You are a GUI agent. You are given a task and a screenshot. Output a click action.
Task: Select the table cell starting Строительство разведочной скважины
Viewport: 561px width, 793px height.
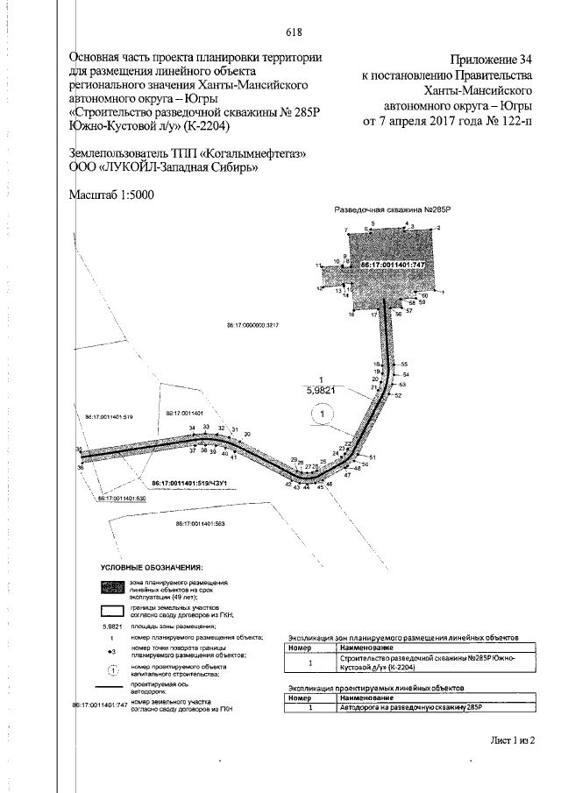point(424,662)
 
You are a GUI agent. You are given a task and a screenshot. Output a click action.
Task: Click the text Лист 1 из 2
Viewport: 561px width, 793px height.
point(513,740)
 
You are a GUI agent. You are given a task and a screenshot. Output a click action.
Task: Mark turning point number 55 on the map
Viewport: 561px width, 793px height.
point(405,364)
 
